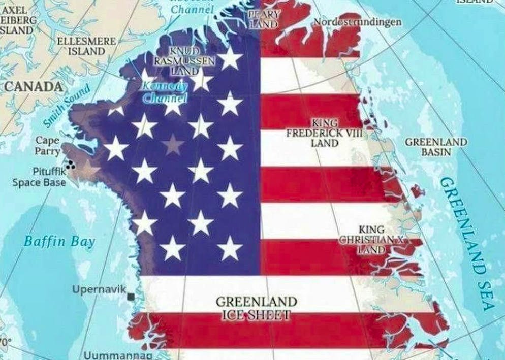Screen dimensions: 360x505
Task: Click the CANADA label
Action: click(x=34, y=87)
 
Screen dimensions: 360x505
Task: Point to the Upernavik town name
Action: click(x=99, y=289)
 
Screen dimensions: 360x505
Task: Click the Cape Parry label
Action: click(x=47, y=145)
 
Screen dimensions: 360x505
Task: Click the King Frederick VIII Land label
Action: click(x=325, y=133)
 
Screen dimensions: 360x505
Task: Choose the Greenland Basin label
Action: click(x=436, y=147)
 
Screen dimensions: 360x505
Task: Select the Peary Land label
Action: click(x=263, y=19)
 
